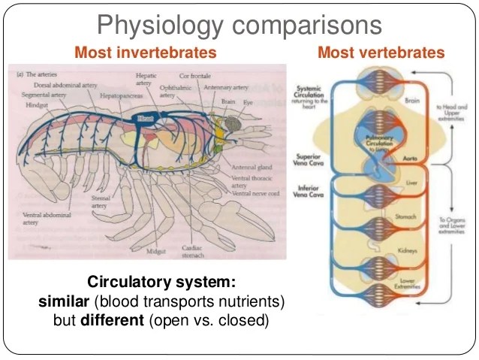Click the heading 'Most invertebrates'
tap(145, 53)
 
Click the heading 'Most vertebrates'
tap(381, 53)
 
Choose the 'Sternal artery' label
tap(100, 202)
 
